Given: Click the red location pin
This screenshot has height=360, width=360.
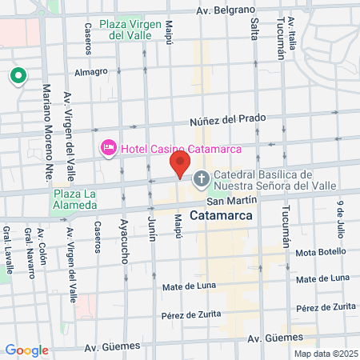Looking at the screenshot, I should (180, 165).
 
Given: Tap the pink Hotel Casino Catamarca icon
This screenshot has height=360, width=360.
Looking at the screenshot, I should (107, 148).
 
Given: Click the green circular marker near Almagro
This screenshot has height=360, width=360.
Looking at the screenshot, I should (18, 77).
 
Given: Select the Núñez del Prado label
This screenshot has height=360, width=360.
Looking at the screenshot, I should (227, 119).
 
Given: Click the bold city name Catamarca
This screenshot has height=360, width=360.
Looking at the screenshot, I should (222, 216).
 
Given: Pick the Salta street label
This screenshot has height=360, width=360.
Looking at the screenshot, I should (254, 28).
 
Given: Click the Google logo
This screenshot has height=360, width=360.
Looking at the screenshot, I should (26, 350).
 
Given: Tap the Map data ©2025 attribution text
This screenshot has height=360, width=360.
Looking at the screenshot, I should (324, 354).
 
